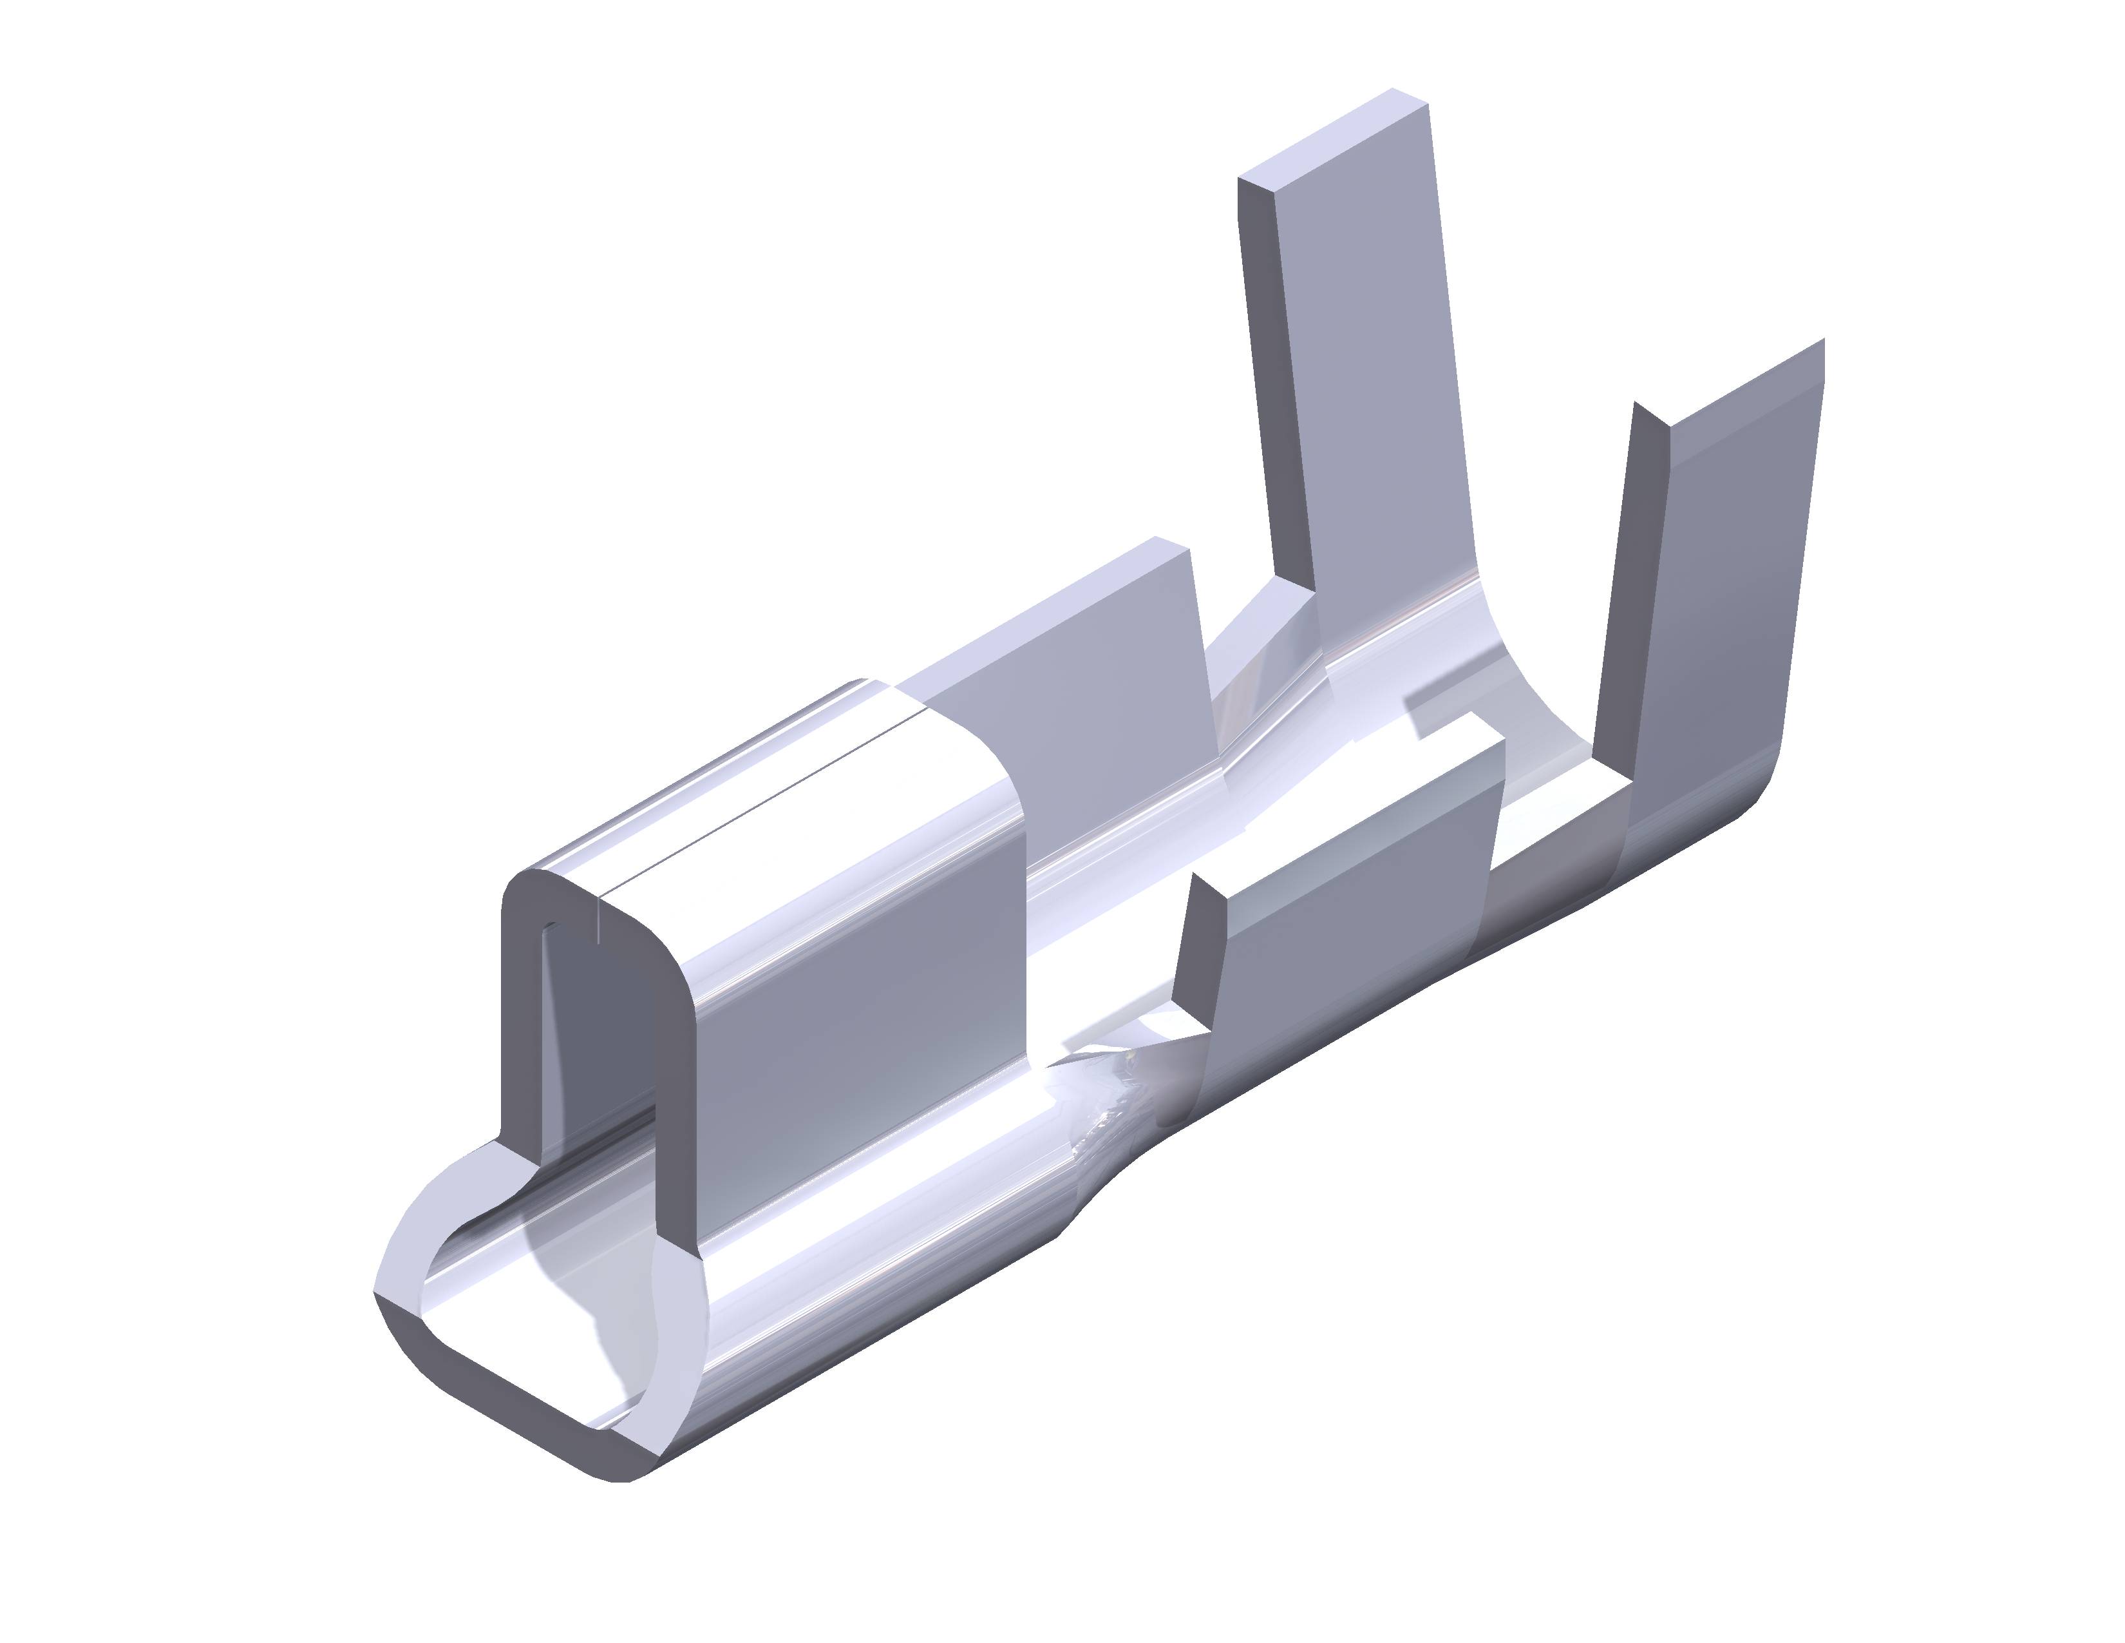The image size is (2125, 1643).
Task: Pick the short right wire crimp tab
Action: click(x=1352, y=934)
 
